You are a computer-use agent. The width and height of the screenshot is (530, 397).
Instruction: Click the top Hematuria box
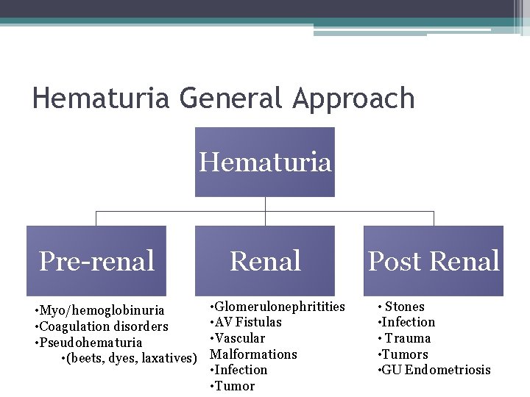(265, 162)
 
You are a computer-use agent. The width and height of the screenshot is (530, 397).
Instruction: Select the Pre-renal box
(96, 261)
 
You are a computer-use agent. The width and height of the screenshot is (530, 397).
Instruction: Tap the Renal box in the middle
(265, 261)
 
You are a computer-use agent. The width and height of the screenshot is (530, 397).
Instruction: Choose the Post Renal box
(434, 261)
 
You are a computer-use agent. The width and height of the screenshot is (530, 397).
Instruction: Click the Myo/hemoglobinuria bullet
(102, 310)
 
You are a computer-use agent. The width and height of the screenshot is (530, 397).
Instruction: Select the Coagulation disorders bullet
(103, 326)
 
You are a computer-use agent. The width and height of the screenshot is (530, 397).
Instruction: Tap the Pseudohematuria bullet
(91, 343)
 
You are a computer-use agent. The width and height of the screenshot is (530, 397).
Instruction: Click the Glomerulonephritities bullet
(279, 306)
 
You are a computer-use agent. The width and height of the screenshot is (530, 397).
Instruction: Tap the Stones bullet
(404, 307)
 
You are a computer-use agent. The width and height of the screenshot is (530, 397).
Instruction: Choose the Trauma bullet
(407, 338)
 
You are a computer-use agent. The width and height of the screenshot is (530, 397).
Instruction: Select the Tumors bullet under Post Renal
(404, 354)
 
